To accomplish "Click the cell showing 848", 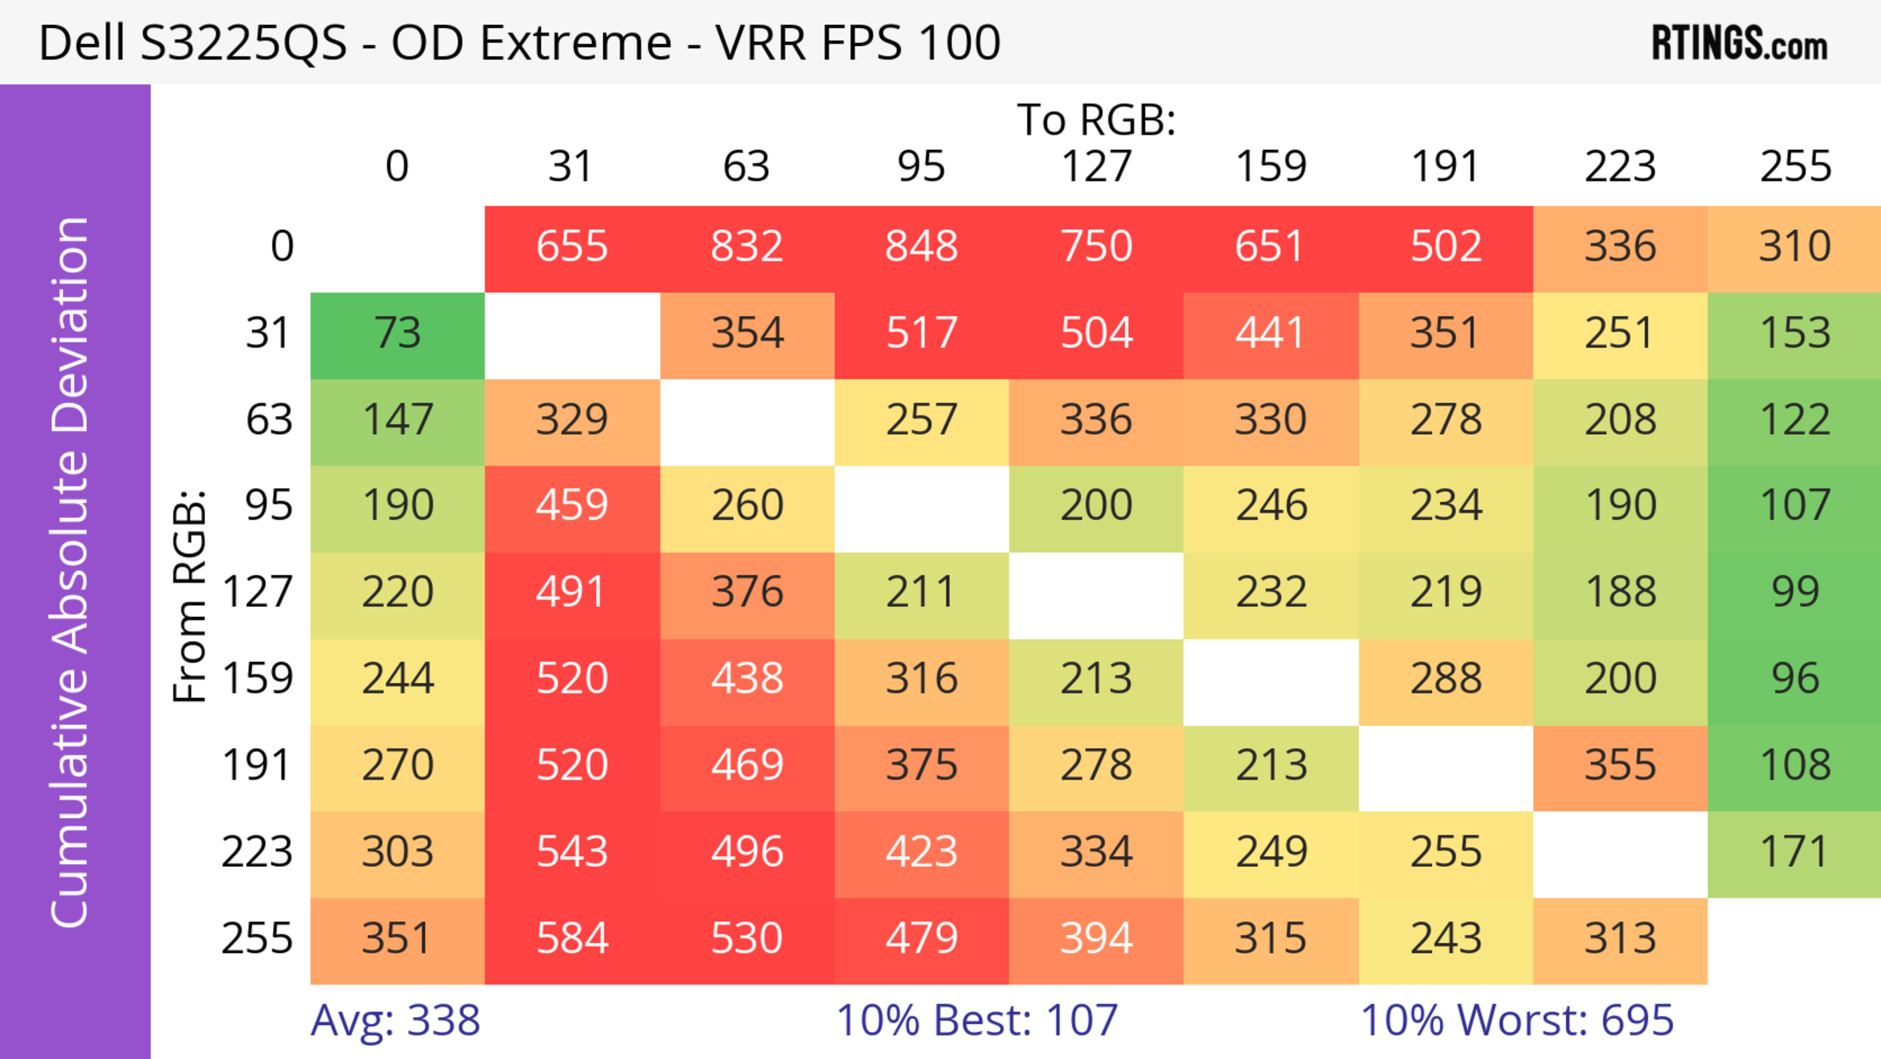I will coord(921,246).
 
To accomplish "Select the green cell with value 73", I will coord(397,333).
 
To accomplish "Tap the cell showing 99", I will coord(1795,591).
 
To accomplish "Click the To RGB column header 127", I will coord(1096,167).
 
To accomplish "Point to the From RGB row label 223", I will coord(257,852).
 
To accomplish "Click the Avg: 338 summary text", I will coord(395,1020).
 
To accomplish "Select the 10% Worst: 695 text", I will coord(1517,1020).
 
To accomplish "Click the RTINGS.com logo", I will coord(1739,43).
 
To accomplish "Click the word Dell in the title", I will coord(81,43).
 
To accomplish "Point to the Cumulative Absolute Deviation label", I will coord(70,572).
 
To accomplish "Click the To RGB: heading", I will coord(1096,120).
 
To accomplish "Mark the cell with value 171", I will coord(1795,852).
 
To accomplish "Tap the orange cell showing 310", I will coord(1795,246).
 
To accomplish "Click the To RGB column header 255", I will coord(1795,167).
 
